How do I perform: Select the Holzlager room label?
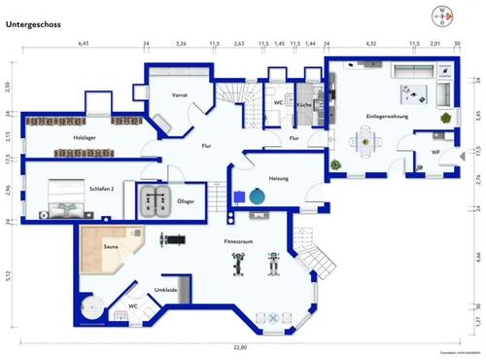click(85, 138)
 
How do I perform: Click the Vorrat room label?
click(179, 95)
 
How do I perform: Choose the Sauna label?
click(112, 249)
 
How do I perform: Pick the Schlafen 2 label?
click(99, 189)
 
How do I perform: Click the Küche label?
click(304, 103)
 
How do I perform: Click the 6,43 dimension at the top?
click(84, 45)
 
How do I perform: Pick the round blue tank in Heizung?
click(257, 197)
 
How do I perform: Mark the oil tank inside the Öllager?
click(154, 201)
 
